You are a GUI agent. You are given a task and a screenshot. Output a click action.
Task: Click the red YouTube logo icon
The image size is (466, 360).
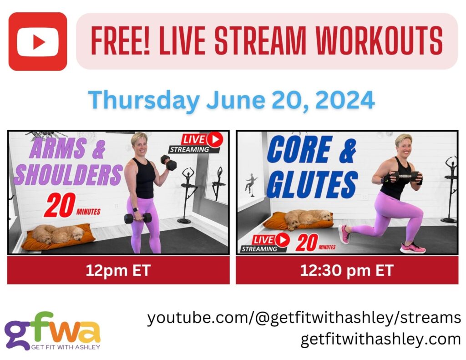coord(37,41)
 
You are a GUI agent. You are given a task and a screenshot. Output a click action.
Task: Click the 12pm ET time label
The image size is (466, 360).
coord(118,270)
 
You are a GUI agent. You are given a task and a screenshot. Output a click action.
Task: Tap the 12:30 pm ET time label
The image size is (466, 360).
coord(346,270)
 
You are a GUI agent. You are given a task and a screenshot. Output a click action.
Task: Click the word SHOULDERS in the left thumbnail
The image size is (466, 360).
coord(68,175)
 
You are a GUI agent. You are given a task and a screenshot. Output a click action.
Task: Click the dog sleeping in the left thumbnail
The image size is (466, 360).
coord(57,234)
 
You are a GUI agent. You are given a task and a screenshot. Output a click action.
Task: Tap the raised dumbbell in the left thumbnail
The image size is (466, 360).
coord(169,162)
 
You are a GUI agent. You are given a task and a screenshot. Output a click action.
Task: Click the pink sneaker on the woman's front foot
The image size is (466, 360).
coord(412,248)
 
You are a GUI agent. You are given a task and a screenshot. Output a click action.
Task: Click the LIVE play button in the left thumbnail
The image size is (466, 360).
coord(214,139)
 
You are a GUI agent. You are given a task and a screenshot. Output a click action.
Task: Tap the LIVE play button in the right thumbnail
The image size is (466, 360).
coord(283,239)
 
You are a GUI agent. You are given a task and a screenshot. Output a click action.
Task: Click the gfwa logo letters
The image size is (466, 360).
coord(52,327)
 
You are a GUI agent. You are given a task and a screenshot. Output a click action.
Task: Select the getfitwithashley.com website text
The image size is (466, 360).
coord(380,339)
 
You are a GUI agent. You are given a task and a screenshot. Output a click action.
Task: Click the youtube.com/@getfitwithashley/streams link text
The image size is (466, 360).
coord(304,318)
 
